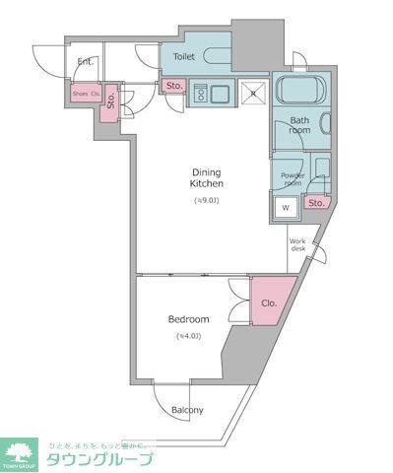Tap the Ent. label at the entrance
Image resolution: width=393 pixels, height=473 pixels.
click(86, 62)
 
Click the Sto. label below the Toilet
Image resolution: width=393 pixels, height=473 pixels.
click(173, 86)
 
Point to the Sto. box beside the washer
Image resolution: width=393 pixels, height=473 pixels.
click(315, 204)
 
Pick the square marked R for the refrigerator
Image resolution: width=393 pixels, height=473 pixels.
click(252, 94)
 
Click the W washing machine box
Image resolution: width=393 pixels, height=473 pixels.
click(285, 207)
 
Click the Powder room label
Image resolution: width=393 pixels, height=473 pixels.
click(294, 178)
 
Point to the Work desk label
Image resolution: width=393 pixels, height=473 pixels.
click(299, 245)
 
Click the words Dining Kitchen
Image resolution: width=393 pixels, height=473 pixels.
click(207, 177)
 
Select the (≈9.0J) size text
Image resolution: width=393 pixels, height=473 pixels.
click(207, 201)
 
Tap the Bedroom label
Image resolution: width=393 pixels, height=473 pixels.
click(188, 319)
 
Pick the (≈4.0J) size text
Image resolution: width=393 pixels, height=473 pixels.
click(188, 337)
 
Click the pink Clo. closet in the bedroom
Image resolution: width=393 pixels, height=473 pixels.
click(267, 304)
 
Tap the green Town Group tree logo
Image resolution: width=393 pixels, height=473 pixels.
click(20, 453)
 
